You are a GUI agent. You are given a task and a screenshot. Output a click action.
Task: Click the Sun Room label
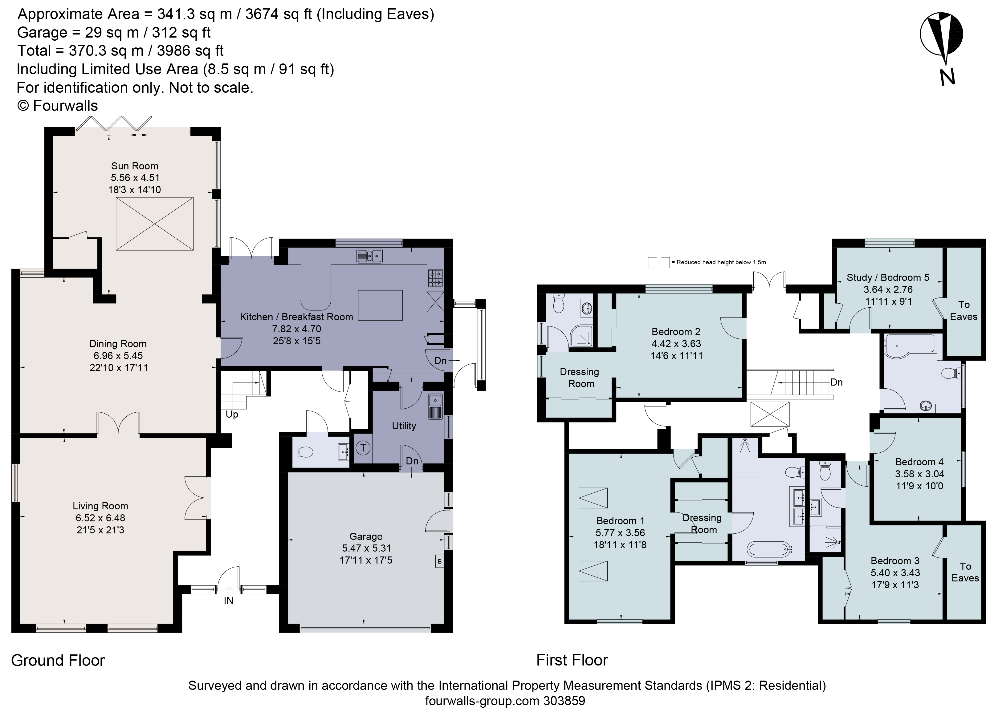(134, 166)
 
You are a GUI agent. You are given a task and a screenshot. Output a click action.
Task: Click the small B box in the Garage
(440, 561)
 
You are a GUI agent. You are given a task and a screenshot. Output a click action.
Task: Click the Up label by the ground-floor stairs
(232, 415)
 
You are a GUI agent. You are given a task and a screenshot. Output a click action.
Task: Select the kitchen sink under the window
(369, 256)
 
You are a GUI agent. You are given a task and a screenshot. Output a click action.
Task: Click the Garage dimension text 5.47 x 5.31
(366, 548)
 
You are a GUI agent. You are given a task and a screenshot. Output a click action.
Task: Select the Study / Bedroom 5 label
(888, 277)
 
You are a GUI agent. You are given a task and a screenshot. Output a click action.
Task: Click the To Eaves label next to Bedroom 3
(965, 572)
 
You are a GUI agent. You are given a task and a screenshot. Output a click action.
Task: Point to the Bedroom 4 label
(919, 462)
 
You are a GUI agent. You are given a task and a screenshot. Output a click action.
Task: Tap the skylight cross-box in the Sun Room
(155, 224)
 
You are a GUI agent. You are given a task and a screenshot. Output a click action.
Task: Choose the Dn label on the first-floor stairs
(836, 382)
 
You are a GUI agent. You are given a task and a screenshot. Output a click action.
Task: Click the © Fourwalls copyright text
(58, 106)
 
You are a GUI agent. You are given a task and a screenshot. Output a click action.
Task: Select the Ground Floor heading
(58, 661)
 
